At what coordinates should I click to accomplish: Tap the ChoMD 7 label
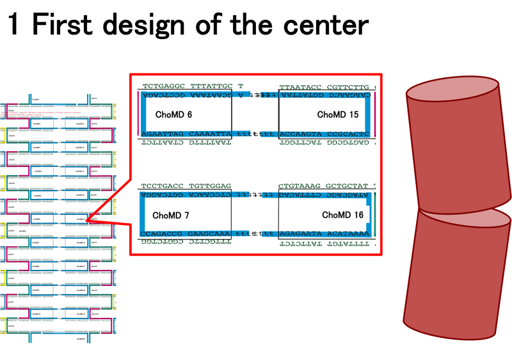pos(170,215)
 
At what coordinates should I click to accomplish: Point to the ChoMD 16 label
pos(342,215)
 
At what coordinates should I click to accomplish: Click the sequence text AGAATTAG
pos(163,134)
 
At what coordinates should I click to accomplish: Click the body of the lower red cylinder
pos(456,281)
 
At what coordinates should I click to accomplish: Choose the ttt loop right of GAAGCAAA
pos(244,234)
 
